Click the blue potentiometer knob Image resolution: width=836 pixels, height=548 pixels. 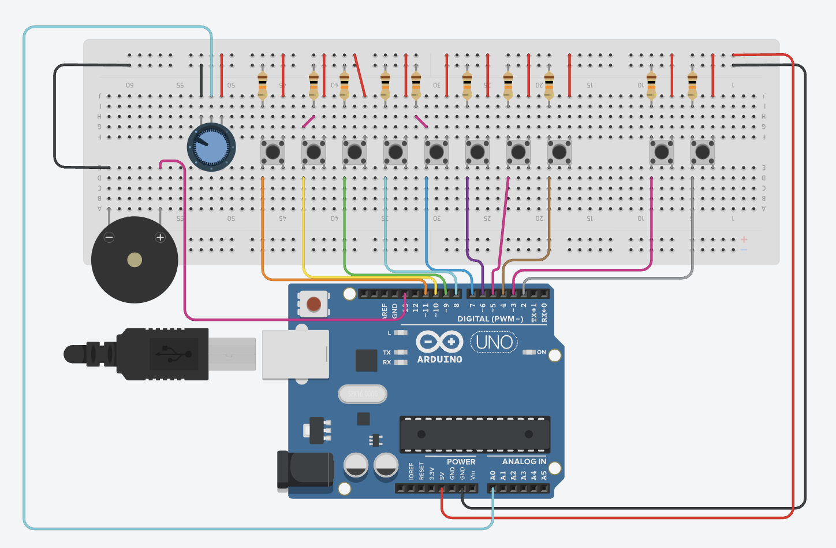click(x=211, y=147)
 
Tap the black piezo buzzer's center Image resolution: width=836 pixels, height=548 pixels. click(x=135, y=260)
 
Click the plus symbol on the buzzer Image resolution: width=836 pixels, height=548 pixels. click(x=160, y=237)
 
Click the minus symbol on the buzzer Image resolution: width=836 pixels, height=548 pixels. click(x=109, y=237)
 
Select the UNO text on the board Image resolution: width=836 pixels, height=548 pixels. click(x=494, y=342)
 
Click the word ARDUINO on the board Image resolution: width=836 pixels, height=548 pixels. click(x=439, y=360)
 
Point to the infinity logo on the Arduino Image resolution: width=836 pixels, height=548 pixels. click(x=439, y=342)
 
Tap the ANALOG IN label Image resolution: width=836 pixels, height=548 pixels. click(x=524, y=461)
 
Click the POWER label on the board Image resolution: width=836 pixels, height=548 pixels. click(x=461, y=461)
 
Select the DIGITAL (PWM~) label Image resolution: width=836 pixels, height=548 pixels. click(x=490, y=319)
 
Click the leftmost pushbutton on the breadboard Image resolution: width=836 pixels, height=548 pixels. click(x=273, y=152)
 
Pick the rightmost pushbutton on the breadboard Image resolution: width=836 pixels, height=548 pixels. click(x=703, y=152)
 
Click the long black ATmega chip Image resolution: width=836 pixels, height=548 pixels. click(x=475, y=434)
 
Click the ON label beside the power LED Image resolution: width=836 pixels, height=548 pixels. click(x=542, y=352)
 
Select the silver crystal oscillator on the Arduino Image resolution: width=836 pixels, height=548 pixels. click(x=362, y=394)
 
